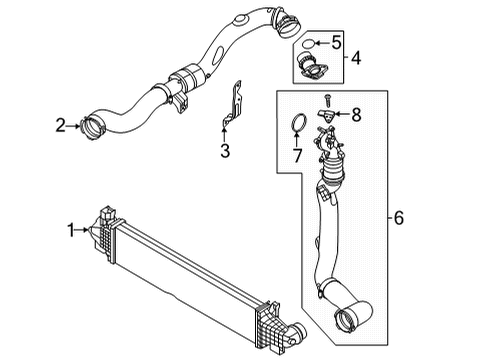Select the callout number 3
point(225,152)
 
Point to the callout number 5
point(336,44)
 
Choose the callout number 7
point(296,157)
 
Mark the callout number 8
point(357,116)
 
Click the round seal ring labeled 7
point(297,126)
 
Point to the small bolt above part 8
point(327,101)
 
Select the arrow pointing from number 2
point(76,125)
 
